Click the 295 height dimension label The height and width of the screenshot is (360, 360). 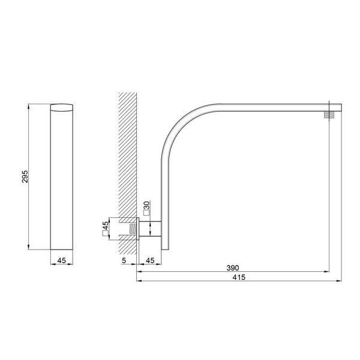click(25, 176)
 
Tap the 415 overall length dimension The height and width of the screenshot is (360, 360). click(239, 277)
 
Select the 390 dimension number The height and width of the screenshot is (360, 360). click(233, 268)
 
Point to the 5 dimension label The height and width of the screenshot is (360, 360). click(124, 260)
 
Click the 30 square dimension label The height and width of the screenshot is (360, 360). click(147, 205)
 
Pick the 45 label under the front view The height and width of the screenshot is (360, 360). click(62, 260)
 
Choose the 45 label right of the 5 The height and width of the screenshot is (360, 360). click(150, 260)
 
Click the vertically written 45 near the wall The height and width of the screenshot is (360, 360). click(106, 225)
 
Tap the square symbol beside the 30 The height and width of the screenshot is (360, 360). click(146, 213)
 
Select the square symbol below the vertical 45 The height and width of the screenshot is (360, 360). click(105, 233)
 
